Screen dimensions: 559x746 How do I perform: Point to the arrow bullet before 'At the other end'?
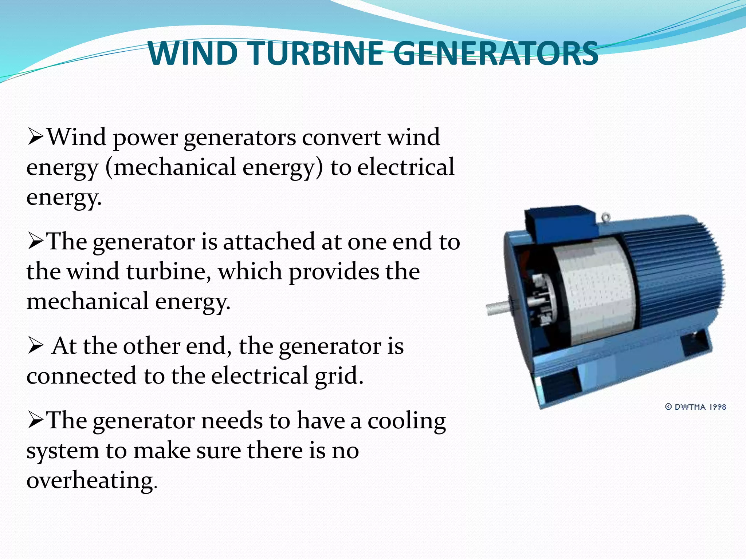coord(36,346)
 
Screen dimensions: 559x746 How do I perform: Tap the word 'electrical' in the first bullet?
coord(405,167)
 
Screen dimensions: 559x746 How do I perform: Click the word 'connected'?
coord(81,376)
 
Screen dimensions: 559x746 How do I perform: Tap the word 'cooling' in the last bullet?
coord(407,421)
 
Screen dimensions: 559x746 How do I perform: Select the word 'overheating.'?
coord(92,481)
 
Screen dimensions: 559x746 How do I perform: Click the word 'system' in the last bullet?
coord(63,451)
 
